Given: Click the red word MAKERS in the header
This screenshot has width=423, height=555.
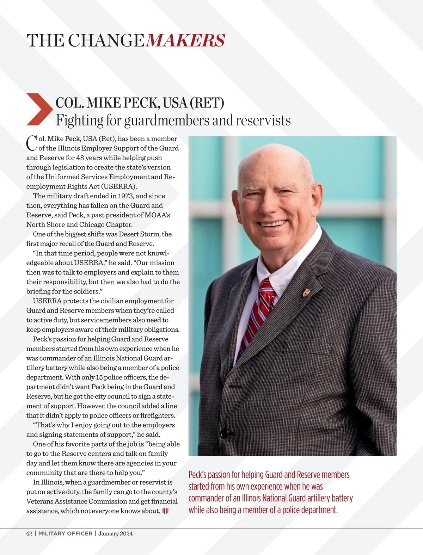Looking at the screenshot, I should click(185, 40).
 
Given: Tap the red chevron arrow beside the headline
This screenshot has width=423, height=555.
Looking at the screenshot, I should click(39, 109).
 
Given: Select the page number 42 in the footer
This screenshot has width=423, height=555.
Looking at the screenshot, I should click(29, 534).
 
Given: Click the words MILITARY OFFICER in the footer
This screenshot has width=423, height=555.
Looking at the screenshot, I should click(65, 534).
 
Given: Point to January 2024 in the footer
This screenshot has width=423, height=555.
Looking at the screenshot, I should click(116, 534).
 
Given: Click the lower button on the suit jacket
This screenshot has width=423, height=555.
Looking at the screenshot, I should click(223, 433).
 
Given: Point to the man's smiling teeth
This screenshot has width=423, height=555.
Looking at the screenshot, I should click(272, 223).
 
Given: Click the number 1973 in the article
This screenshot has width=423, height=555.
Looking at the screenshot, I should click(126, 196).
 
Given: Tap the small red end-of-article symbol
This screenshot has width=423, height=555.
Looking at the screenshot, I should click(165, 511).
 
